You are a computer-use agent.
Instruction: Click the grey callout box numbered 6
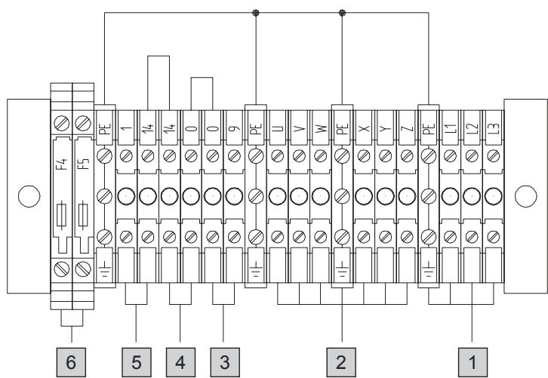(71, 362)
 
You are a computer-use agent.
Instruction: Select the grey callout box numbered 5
(137, 362)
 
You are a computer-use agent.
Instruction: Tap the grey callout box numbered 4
(180, 362)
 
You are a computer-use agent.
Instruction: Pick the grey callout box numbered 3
(225, 362)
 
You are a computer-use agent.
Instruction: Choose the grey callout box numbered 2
(341, 362)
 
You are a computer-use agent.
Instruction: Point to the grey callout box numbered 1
(473, 362)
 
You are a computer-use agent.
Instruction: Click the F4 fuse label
(62, 164)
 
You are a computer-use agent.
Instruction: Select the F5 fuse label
(84, 164)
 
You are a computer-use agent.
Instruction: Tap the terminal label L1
(451, 128)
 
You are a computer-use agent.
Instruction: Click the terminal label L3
(494, 128)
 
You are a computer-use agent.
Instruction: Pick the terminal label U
(278, 128)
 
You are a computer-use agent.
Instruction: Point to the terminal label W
(321, 128)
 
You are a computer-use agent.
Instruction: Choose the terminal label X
(364, 128)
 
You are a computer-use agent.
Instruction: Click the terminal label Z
(407, 128)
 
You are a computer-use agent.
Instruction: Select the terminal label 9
(235, 128)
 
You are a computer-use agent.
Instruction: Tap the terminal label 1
(127, 128)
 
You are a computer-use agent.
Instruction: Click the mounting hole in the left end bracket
(29, 196)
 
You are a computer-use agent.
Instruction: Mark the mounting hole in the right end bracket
(525, 196)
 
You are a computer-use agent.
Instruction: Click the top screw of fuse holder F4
(62, 123)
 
